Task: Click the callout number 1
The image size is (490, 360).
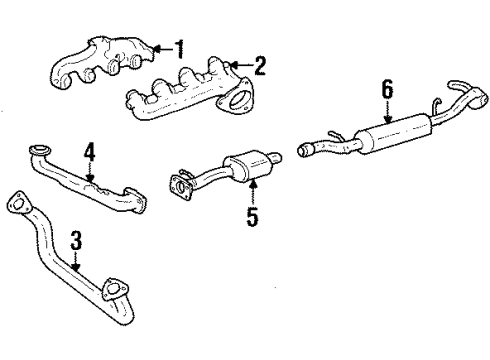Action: [x=179, y=46]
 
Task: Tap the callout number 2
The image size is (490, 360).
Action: [x=260, y=67]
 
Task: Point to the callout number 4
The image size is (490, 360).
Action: [x=89, y=153]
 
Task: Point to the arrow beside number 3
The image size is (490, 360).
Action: [x=78, y=262]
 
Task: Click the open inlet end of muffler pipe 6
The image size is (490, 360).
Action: [x=302, y=151]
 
